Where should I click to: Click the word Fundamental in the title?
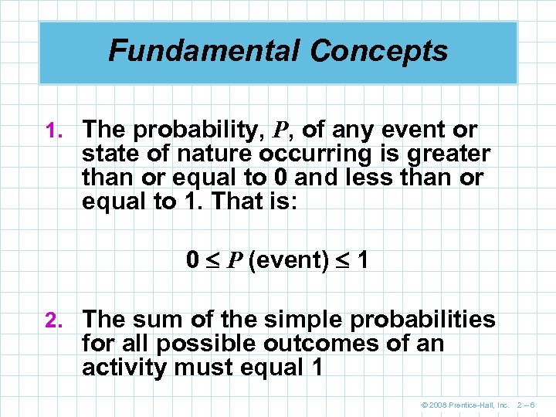point(205,51)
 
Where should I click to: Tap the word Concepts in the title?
point(378,51)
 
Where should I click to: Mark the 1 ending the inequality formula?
point(362,260)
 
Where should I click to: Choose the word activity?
point(124,367)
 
